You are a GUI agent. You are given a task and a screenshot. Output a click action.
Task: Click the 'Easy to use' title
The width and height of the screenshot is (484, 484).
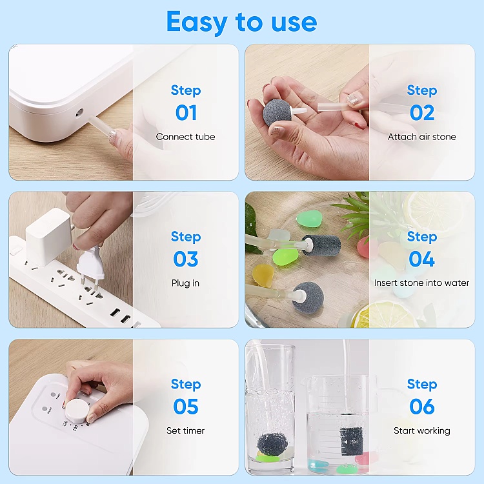coord(242,22)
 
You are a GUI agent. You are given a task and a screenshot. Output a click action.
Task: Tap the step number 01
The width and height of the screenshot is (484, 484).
coord(186,113)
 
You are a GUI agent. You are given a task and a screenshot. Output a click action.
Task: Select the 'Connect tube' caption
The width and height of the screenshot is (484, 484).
coord(185,137)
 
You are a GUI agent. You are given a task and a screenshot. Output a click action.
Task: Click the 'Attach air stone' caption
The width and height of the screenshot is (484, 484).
coord(421,137)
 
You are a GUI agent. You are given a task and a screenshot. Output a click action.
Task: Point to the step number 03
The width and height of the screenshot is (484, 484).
coord(186,259)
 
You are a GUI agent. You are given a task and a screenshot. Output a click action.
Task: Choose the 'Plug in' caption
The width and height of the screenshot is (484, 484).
coord(185,283)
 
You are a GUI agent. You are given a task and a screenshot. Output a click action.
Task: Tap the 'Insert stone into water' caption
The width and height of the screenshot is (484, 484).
coord(421,283)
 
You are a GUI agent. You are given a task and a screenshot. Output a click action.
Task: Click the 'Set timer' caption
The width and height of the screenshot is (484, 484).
coord(185,430)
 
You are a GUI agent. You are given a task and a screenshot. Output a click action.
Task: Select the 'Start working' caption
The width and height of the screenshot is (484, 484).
coord(422,430)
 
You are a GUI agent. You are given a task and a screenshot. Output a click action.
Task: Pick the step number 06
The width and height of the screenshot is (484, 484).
coord(422,406)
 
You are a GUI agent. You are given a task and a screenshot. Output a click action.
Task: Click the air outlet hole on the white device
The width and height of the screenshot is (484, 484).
coord(79,112)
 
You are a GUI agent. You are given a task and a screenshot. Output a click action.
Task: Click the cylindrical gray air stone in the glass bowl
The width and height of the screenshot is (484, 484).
coord(321,245)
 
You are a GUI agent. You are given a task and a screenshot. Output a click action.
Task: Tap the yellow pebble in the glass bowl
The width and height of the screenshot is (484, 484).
coord(263,275)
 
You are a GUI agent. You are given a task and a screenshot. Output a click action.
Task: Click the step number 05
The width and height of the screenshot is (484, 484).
coord(186,406)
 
